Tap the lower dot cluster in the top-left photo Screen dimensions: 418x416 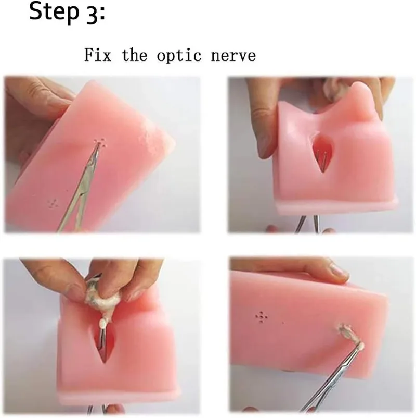(53, 202)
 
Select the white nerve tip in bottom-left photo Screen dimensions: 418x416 (103, 324)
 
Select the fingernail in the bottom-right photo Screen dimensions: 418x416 (339, 269)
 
